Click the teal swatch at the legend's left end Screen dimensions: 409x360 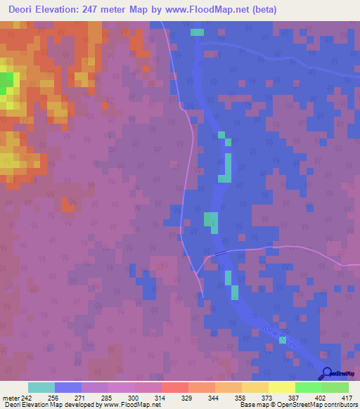(41, 387)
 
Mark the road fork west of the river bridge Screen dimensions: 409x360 (205, 258)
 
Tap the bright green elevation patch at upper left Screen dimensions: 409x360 (6, 83)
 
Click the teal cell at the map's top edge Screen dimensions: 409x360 (197, 32)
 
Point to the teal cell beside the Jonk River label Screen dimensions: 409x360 (283, 340)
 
